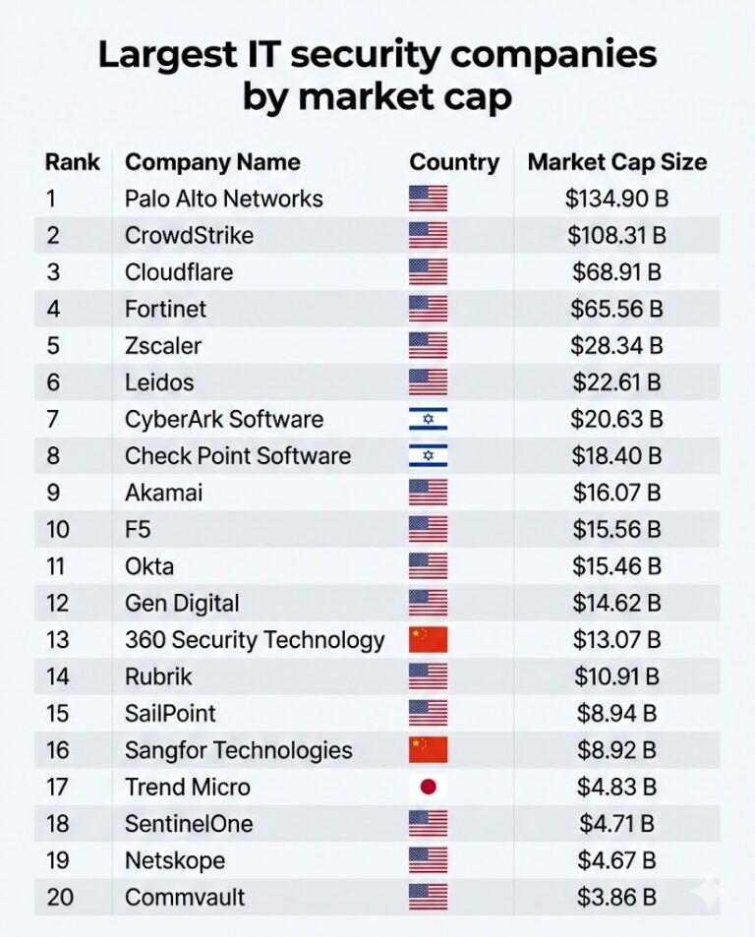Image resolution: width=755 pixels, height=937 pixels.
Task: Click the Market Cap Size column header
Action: click(x=616, y=162)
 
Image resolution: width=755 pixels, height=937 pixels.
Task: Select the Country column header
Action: click(x=454, y=162)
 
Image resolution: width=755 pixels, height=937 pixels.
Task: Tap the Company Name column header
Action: click(x=212, y=162)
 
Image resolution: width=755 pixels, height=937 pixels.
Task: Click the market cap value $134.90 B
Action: click(x=616, y=199)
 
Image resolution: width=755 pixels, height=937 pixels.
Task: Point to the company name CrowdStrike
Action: click(x=189, y=235)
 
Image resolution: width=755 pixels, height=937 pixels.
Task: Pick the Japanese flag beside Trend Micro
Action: click(x=428, y=787)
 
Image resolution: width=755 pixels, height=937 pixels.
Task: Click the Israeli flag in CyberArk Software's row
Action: click(x=428, y=419)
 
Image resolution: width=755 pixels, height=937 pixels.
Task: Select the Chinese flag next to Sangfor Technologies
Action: click(x=428, y=750)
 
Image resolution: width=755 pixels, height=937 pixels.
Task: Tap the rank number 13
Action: click(x=57, y=640)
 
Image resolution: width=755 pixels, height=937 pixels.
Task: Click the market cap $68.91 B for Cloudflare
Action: click(x=616, y=272)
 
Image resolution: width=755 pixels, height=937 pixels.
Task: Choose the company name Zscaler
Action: click(x=163, y=345)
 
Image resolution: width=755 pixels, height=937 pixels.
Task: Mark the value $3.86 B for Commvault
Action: click(x=616, y=897)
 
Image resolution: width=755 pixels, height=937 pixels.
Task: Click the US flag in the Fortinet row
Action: click(x=428, y=309)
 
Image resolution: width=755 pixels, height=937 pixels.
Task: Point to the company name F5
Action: click(x=138, y=529)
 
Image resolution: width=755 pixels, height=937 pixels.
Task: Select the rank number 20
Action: click(x=58, y=897)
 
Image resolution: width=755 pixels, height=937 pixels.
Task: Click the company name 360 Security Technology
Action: click(x=255, y=640)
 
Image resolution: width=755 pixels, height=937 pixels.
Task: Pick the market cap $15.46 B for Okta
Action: click(x=616, y=566)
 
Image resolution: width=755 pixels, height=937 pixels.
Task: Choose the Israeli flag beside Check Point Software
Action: click(x=428, y=455)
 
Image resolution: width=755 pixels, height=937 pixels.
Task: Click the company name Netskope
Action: click(x=175, y=860)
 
